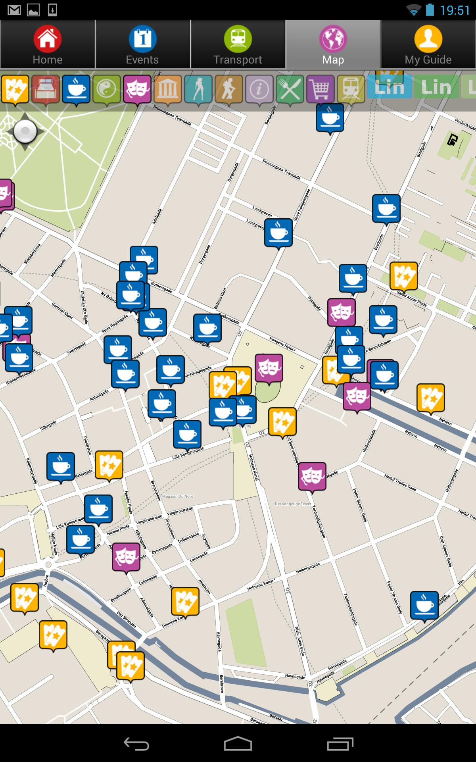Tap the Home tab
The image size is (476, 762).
48,45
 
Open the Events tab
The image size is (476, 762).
142,45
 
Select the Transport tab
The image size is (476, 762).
238,45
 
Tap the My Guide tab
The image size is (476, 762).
428,45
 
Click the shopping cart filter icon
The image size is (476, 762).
321,89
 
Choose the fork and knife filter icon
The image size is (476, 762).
290,89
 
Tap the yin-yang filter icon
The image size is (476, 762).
107,89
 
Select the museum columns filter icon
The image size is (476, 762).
168,89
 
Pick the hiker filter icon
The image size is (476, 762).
229,89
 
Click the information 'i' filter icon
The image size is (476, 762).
259,89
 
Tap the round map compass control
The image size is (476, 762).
25,131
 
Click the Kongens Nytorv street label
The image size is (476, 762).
282,344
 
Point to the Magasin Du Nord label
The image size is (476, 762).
178,496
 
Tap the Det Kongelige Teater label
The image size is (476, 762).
293,504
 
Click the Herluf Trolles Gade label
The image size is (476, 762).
400,482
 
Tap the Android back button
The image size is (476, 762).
136,743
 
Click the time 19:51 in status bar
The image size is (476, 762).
455,10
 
